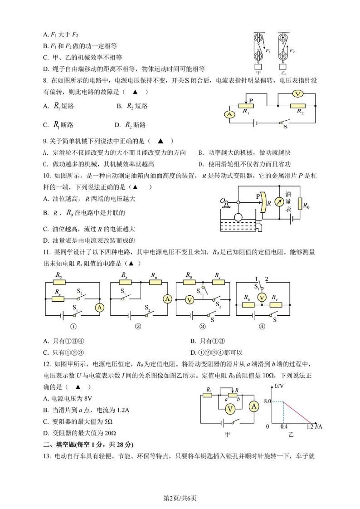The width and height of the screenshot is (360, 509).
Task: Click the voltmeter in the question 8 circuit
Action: [x=297, y=93]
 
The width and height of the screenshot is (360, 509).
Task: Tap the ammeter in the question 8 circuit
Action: [x=230, y=115]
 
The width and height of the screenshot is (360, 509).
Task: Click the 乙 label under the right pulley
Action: [x=283, y=72]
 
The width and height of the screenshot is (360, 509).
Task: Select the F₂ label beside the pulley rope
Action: [x=292, y=51]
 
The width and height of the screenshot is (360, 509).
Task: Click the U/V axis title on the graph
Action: [x=279, y=386]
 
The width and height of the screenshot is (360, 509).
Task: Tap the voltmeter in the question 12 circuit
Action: [x=230, y=409]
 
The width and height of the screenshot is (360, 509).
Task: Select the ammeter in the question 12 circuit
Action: [x=254, y=406]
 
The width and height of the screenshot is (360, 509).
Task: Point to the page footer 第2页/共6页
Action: [x=180, y=499]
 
